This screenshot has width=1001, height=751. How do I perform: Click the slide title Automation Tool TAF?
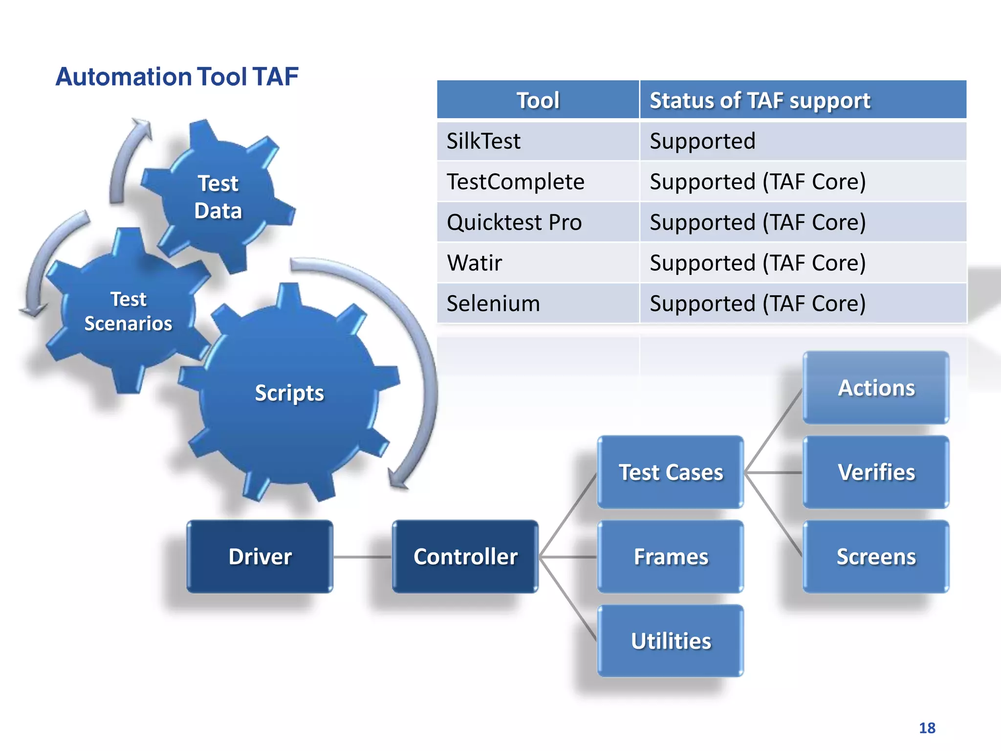point(177,77)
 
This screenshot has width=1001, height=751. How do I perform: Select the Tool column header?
point(538,100)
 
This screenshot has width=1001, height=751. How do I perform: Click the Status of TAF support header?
point(760,100)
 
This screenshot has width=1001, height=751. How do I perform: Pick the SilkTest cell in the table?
point(484,141)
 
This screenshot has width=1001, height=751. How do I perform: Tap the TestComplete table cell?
point(515,182)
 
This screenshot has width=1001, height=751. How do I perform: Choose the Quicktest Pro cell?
point(514,222)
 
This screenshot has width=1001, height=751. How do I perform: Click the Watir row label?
point(475,263)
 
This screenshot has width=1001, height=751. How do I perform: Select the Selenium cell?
point(493,304)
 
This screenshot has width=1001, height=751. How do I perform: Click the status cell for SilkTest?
point(702,141)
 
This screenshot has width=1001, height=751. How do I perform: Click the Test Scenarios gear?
point(128,311)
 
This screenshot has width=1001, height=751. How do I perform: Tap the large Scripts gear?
point(289,393)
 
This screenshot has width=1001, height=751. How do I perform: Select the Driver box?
point(260,556)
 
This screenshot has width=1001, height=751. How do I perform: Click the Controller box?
point(465,556)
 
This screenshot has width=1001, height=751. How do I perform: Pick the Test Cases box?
point(671,472)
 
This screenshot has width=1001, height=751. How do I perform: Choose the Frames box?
point(671,556)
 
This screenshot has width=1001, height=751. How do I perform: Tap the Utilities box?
point(671,641)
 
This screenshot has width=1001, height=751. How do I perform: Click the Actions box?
point(876,388)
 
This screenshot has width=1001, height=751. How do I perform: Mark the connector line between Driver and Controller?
point(362,557)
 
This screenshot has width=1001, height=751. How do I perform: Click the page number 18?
point(927,728)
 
